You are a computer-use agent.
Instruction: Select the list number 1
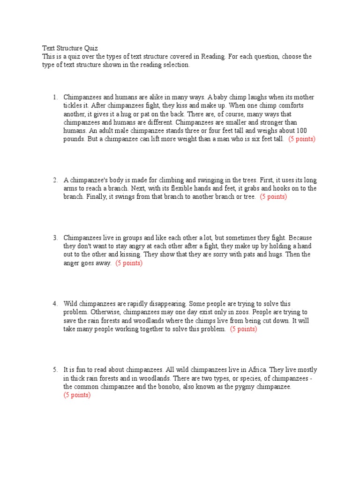pos(55,97)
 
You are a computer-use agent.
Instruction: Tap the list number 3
pos(55,238)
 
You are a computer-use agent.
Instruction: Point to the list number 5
pos(55,370)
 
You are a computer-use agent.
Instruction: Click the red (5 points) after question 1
pos(302,140)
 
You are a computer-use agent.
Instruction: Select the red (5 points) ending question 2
pos(273,197)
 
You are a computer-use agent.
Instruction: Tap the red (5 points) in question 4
pos(243,329)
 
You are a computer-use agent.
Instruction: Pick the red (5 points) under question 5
pos(77,395)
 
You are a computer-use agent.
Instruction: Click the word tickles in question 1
pos(73,106)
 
